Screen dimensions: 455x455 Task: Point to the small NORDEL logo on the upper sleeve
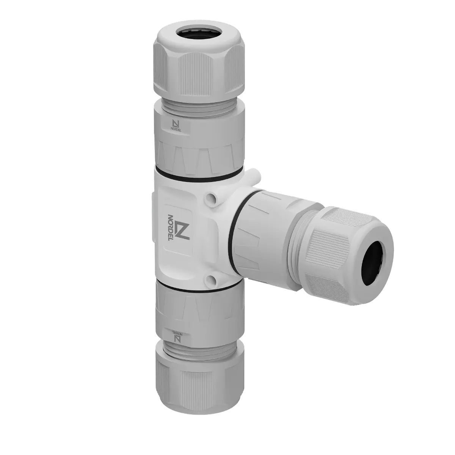(x=176, y=126)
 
